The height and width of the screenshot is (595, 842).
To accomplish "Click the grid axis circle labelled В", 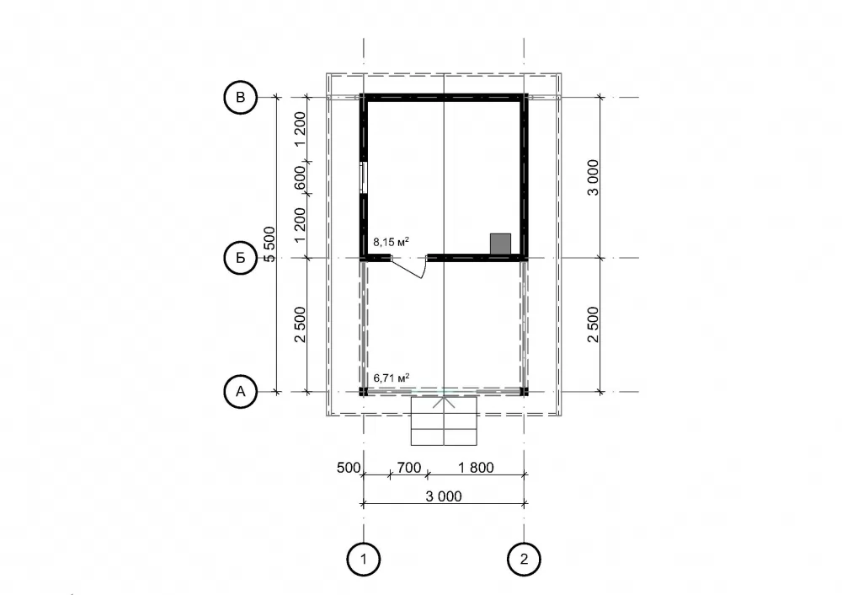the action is click(240, 97).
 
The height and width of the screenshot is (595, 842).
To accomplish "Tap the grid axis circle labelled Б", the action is click(240, 258).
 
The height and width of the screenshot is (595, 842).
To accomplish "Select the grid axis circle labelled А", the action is click(240, 391).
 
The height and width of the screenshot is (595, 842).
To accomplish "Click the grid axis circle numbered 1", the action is click(364, 560).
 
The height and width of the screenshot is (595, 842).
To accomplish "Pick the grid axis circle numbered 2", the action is click(524, 560).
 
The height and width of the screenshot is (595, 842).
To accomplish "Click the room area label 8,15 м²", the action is click(391, 242).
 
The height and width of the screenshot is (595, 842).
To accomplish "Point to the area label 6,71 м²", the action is click(391, 378).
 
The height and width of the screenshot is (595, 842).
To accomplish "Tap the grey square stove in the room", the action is click(500, 244).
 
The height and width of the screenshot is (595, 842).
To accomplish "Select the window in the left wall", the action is click(364, 177).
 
